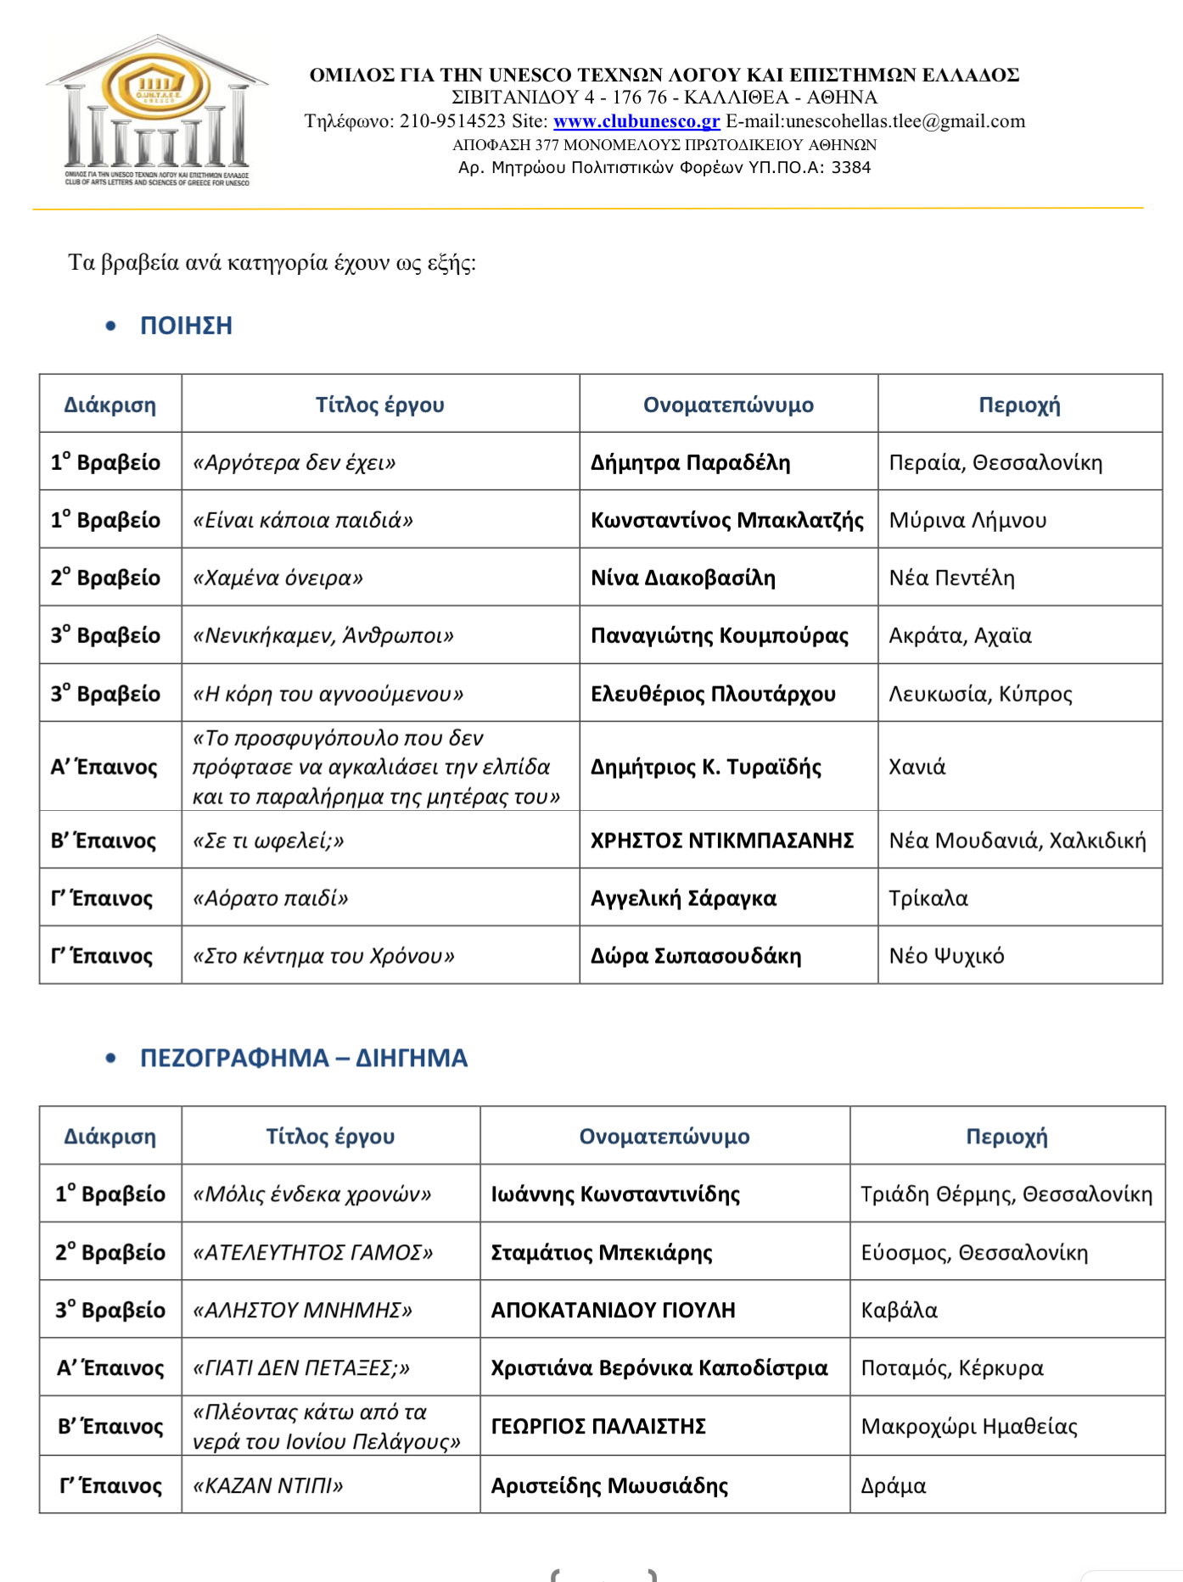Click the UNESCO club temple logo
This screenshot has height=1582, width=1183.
tap(157, 110)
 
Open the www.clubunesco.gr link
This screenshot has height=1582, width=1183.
tap(636, 121)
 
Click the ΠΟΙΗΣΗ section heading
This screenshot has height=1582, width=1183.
tap(186, 326)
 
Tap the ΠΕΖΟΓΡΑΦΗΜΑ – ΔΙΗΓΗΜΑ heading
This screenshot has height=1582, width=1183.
tap(303, 1058)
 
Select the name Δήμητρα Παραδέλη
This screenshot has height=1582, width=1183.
tap(690, 462)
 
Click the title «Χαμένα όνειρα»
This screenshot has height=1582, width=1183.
tap(278, 578)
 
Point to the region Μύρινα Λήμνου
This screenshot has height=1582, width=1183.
tap(967, 520)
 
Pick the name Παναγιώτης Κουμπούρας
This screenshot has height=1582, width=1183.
tap(719, 635)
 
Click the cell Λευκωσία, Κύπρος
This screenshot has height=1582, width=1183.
tap(980, 694)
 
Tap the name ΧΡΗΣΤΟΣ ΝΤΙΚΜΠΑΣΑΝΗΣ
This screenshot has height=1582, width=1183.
tap(722, 841)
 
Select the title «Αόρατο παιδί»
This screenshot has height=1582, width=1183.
tap(270, 898)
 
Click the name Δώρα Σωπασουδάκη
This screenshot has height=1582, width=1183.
tap(696, 956)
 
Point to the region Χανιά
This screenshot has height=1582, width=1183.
tap(917, 767)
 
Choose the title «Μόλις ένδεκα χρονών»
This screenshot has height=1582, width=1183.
tap(311, 1194)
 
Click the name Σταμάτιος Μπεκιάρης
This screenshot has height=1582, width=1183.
tap(602, 1252)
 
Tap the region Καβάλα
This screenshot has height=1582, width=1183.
tap(899, 1310)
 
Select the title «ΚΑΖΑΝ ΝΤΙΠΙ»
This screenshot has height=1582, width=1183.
tap(267, 1485)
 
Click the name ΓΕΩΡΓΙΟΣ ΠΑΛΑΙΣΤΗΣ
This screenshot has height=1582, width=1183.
tap(598, 1426)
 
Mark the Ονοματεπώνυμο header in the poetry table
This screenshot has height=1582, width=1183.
tap(728, 405)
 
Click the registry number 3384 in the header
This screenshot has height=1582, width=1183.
tap(850, 167)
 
